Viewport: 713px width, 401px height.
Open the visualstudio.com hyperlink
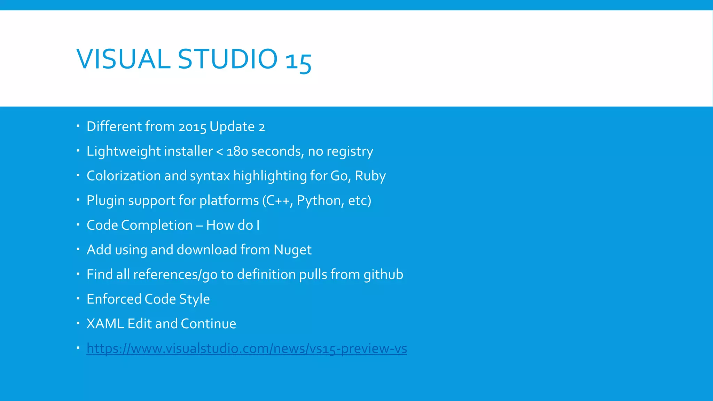coord(246,348)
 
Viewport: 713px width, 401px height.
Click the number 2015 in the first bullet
coord(193,127)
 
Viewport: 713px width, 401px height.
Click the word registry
coord(350,151)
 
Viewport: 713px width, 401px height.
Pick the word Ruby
coord(370,176)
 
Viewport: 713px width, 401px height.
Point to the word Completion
coord(157,225)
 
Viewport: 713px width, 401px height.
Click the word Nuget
coord(292,250)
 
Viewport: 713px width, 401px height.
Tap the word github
coord(383,274)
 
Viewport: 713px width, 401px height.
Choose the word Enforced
coord(114,299)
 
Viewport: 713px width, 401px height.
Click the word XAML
coord(105,324)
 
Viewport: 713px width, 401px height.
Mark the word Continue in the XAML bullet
coord(208,324)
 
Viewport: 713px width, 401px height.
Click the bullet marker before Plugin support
coord(78,200)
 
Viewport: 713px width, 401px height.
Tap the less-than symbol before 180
coord(220,151)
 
